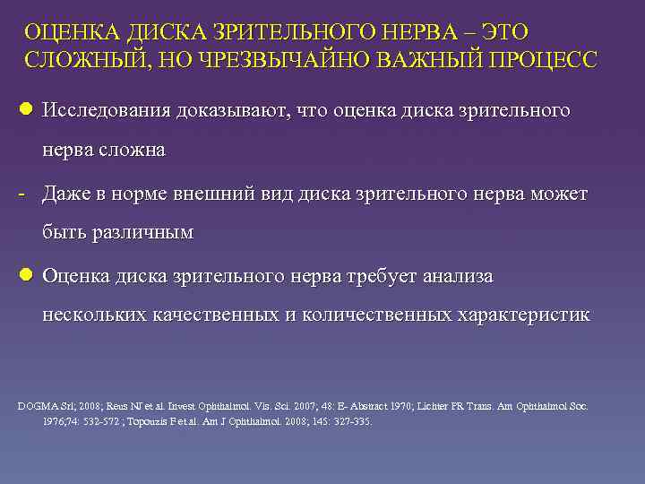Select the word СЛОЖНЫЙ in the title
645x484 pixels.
[80, 60]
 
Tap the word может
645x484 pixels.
[558, 194]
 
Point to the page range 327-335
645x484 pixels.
[351, 421]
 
